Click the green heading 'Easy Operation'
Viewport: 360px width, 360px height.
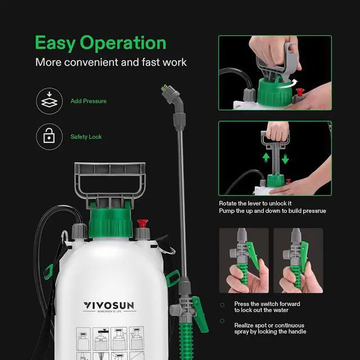point(101,43)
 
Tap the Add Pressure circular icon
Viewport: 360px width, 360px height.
point(48,101)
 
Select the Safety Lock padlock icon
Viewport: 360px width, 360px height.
point(48,137)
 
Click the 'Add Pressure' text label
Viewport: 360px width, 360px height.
point(88,101)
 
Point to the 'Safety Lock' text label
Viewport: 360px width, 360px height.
point(86,137)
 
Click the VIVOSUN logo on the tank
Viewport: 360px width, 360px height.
point(110,305)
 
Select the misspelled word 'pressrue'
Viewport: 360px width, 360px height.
point(312,211)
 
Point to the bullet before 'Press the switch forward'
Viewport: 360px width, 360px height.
point(223,304)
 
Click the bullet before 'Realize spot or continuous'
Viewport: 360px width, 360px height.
point(223,325)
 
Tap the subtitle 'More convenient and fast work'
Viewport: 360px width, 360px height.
point(111,62)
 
